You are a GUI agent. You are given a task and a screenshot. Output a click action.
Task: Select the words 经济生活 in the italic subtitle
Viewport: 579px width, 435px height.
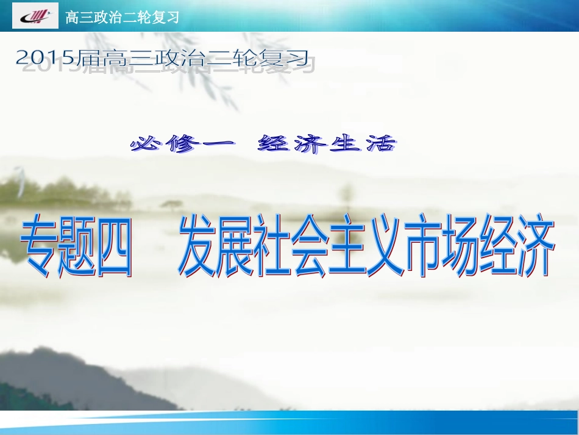(x=327, y=145)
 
